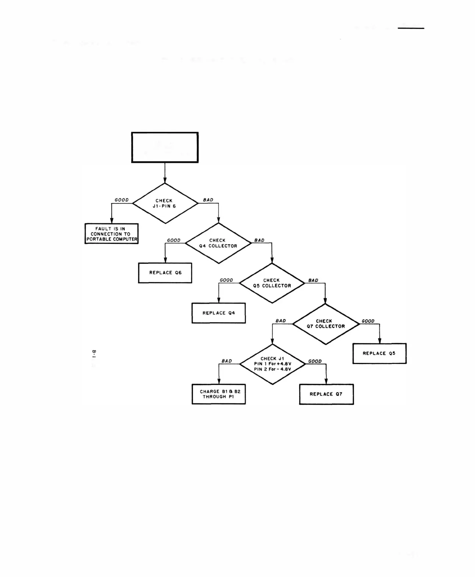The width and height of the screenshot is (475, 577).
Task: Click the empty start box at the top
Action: click(165, 147)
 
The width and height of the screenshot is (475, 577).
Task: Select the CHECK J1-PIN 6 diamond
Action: click(165, 203)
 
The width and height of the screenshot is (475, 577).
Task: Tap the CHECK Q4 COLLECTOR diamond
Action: click(218, 243)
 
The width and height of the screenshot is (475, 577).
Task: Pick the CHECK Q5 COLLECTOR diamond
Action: click(272, 283)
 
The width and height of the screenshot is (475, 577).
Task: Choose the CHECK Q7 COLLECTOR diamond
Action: click(326, 324)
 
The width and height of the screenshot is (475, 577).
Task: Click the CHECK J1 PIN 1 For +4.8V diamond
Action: click(272, 364)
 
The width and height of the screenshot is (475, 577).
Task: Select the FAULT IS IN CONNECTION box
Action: click(111, 234)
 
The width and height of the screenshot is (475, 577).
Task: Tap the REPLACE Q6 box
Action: click(165, 273)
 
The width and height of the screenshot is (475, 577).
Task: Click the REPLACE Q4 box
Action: click(218, 313)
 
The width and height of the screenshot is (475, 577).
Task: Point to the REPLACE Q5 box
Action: click(379, 353)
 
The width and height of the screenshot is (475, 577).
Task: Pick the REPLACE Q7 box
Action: click(326, 394)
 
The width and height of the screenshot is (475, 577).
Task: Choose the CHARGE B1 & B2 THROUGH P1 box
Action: click(219, 394)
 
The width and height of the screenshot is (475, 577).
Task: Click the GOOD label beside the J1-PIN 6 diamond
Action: click(122, 200)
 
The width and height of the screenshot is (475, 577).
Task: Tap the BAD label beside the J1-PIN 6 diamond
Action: click(208, 200)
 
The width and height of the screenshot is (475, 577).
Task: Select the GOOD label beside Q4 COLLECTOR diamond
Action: click(174, 241)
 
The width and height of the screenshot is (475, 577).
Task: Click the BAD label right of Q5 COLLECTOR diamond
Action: click(313, 281)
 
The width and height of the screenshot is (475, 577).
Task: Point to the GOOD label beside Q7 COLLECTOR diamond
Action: click(368, 321)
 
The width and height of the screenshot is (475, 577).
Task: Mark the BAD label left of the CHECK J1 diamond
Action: click(227, 361)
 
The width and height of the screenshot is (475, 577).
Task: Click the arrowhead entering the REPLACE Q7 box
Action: click(326, 382)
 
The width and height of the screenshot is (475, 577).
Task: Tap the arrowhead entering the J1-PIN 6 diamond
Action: click(165, 180)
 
